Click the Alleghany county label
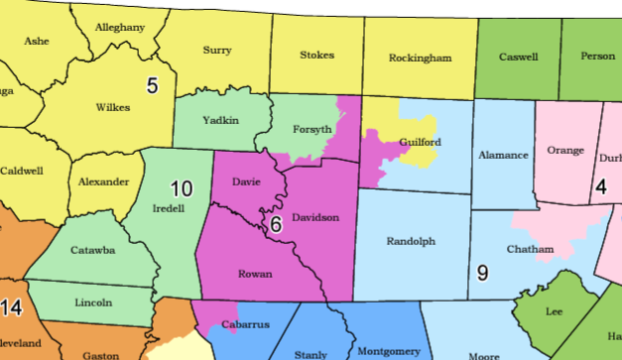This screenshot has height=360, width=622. [119, 28]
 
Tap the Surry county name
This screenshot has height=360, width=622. [217, 50]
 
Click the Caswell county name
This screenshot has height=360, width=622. [518, 57]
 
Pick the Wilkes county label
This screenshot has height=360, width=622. [113, 106]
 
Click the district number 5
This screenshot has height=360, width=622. [153, 85]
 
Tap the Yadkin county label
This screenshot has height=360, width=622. [220, 120]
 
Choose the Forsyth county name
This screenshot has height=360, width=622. [314, 130]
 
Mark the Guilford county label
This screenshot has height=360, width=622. [420, 142]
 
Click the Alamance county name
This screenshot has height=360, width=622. [502, 156]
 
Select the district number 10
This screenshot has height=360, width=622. [181, 188]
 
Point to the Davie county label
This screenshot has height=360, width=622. [246, 182]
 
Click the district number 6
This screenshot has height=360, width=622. [276, 225]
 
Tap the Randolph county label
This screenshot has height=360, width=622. [411, 241]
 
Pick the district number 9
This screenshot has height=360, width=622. [482, 273]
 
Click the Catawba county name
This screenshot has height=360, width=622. [92, 250]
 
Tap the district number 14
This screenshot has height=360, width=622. [11, 308]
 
